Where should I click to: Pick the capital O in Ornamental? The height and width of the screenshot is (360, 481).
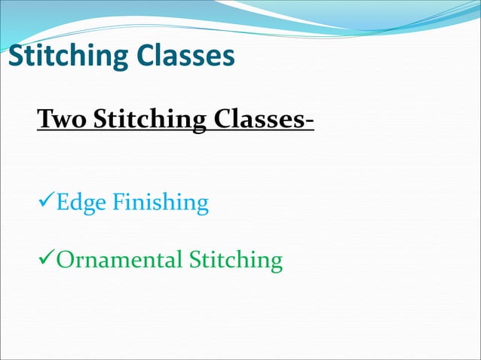(65, 261)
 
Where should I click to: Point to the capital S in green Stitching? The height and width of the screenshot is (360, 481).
(195, 261)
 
